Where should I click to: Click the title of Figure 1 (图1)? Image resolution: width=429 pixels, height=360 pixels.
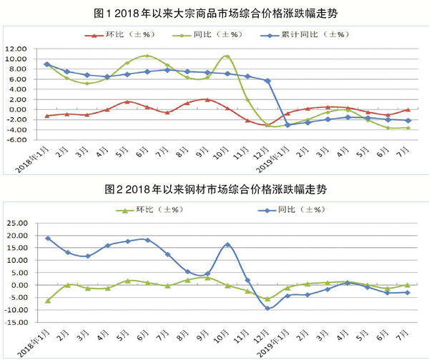(x=214, y=12)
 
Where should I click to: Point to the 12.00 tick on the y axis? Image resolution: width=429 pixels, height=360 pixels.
(x=15, y=49)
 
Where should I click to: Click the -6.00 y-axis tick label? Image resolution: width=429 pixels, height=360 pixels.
(x=15, y=140)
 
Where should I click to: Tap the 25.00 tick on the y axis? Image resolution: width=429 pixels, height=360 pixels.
(x=15, y=223)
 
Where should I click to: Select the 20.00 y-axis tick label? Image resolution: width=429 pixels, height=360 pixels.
(x=15, y=236)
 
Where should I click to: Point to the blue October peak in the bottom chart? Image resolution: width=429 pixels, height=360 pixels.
(x=227, y=245)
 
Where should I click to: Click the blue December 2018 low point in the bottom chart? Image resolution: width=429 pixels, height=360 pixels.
(x=267, y=308)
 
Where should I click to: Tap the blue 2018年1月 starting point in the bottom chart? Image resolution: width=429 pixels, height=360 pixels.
(x=48, y=238)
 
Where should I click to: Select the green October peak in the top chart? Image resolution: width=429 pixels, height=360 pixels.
(x=227, y=56)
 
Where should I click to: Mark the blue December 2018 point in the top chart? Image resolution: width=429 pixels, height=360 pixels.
(x=267, y=81)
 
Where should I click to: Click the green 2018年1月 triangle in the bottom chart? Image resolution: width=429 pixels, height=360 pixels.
(x=48, y=301)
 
